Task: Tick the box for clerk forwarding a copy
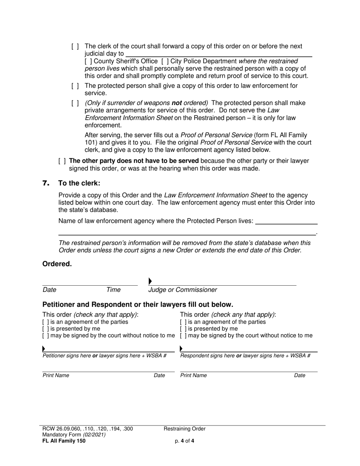coord(75,47)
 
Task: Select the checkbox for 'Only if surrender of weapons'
coord(75,103)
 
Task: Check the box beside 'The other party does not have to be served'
coord(62,161)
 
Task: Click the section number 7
coord(46,183)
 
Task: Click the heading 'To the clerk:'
coord(79,183)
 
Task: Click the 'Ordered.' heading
coord(57,264)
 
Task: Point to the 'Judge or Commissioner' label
coord(183,290)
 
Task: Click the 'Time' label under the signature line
coord(113,290)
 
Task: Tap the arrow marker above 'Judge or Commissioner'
coord(150,281)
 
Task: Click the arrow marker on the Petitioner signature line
coord(44,349)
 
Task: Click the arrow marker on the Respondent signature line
coord(181,349)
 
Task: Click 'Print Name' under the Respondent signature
coord(193,375)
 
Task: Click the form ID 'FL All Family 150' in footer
coord(64,441)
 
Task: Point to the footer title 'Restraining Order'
coord(185,429)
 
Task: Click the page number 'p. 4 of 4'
coord(185,441)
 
